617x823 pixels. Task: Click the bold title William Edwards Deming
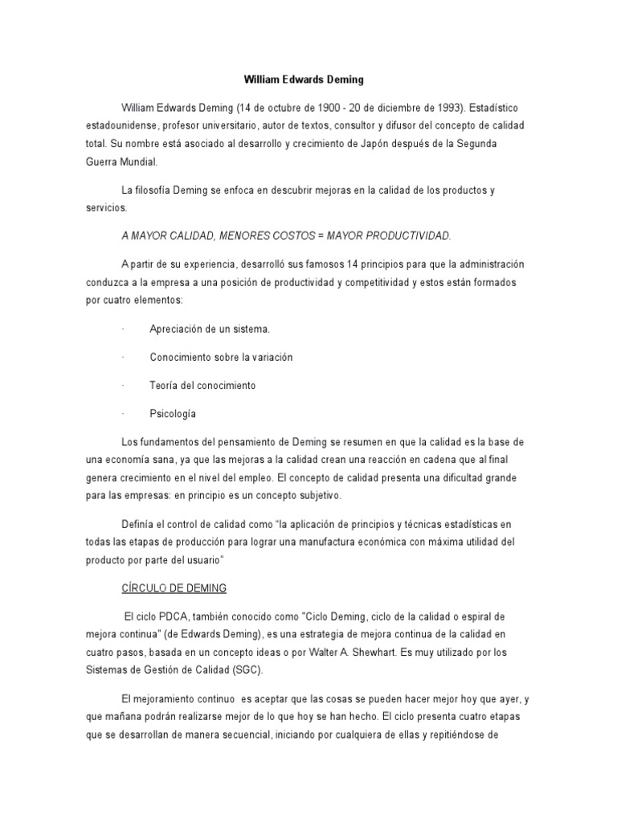(x=304, y=80)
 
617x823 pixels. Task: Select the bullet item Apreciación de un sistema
(x=210, y=329)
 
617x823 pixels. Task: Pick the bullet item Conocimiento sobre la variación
(x=221, y=357)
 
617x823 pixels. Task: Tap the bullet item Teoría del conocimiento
(x=202, y=385)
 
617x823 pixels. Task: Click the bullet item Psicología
(x=173, y=414)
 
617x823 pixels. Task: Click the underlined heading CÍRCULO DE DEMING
(x=174, y=588)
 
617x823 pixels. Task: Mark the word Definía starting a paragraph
(x=139, y=523)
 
